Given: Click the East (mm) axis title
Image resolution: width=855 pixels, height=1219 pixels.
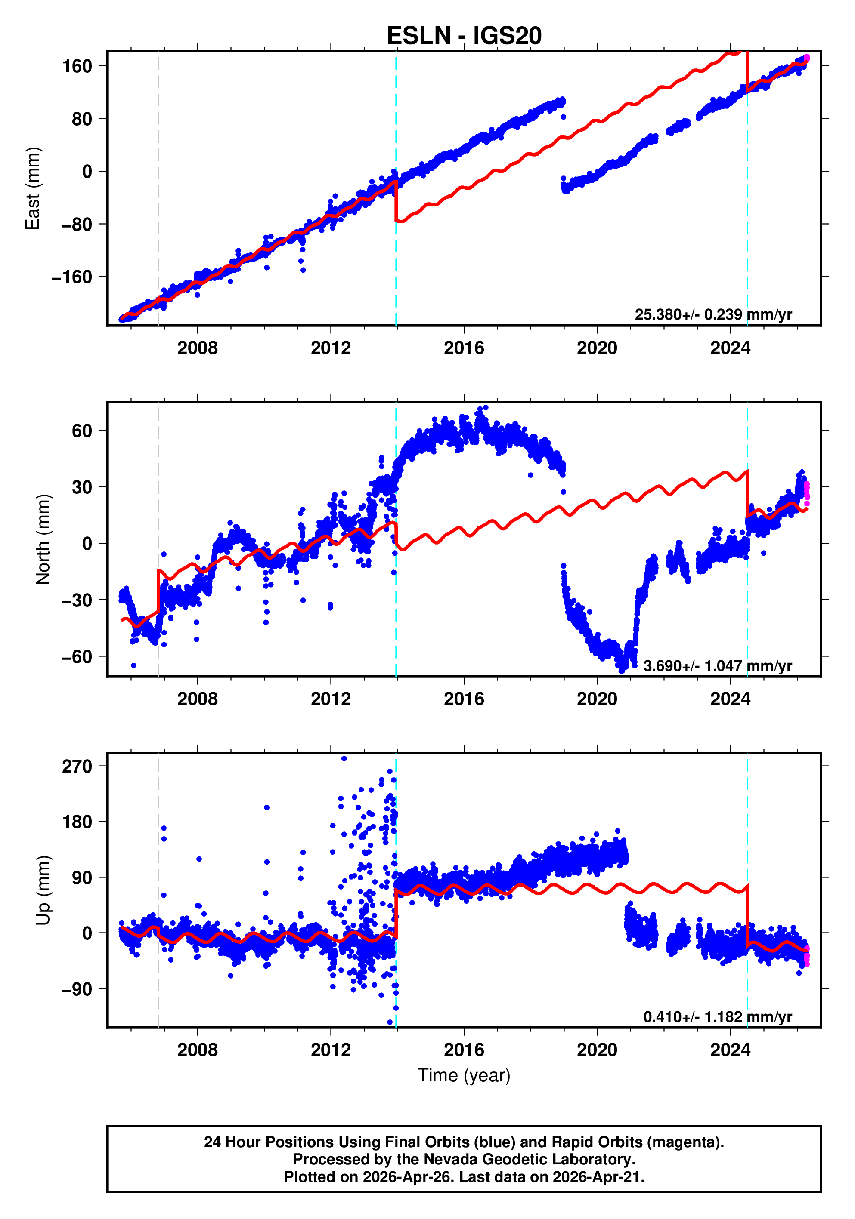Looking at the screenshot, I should (33, 188).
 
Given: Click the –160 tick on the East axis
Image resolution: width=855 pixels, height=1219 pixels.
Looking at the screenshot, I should (72, 277).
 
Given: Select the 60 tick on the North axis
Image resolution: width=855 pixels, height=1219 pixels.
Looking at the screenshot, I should (82, 431).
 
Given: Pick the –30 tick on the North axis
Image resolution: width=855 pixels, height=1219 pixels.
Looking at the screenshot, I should (77, 600).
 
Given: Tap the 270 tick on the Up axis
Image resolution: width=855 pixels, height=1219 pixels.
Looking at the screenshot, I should (77, 766).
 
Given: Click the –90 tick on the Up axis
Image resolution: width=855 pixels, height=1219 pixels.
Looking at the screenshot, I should (77, 989).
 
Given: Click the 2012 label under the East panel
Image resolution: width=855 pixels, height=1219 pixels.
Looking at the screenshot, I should (331, 348).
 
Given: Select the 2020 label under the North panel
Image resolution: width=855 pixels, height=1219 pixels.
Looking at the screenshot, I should (597, 699).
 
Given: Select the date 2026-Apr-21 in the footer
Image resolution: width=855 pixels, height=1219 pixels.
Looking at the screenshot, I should (597, 1177).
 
